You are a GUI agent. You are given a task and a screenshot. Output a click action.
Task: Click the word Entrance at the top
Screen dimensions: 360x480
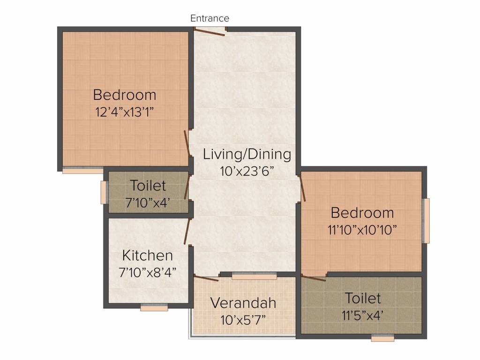pos(210,18)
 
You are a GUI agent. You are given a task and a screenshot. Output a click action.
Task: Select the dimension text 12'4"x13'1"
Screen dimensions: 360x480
pos(124,112)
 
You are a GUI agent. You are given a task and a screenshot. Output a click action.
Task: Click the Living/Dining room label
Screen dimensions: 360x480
pos(247,154)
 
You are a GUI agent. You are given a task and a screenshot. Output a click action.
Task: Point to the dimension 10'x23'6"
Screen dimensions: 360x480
pos(247,171)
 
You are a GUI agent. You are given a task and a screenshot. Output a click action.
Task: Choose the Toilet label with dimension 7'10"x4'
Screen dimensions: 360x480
pos(148,186)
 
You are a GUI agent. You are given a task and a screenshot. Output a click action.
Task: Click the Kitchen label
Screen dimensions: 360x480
pos(147,255)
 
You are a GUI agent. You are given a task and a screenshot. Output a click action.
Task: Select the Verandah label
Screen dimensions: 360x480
pos(243,303)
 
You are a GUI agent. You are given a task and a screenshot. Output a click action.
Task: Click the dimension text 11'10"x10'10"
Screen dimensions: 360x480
pos(362,230)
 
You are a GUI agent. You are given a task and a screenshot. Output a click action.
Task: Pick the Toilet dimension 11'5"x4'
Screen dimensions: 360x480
pos(363,315)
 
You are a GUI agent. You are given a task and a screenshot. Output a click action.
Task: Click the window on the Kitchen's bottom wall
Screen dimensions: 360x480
pos(154,308)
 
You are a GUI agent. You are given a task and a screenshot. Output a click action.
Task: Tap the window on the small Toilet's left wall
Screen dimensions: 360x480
pos(104,192)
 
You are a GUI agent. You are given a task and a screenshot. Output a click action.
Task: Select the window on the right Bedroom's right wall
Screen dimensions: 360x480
pos(426,221)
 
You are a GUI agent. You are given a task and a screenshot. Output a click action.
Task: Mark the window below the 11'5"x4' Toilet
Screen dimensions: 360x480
pos(382,338)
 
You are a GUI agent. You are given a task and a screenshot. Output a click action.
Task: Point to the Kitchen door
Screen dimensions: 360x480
pos(187,232)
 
